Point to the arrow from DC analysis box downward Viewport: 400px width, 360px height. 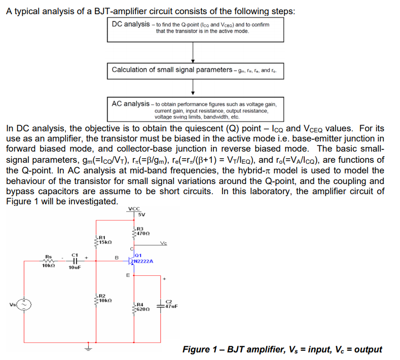click(x=193, y=51)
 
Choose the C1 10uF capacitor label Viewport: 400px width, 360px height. click(x=75, y=261)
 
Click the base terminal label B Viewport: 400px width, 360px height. click(x=116, y=258)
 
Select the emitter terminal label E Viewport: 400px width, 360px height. click(x=127, y=275)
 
